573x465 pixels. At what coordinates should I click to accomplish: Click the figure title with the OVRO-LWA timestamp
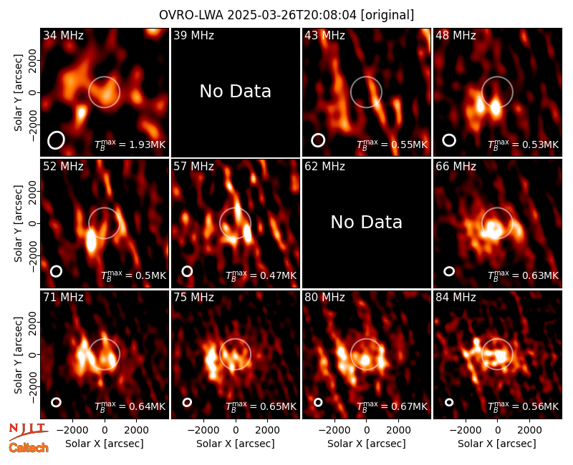286,15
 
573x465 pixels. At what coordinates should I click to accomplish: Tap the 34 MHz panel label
63,35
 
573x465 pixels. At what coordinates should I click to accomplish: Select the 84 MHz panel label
456,298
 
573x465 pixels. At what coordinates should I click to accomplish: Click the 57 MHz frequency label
193,167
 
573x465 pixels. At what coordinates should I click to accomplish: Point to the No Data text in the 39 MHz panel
236,92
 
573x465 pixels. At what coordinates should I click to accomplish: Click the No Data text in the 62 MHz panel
367,222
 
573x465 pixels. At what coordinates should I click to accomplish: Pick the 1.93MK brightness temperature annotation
130,145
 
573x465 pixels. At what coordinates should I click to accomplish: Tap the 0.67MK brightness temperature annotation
392,406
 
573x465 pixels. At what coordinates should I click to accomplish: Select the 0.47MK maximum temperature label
261,275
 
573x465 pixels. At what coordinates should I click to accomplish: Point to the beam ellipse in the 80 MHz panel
318,402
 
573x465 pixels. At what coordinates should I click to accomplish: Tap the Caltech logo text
29,448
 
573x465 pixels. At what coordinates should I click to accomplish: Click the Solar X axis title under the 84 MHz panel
497,444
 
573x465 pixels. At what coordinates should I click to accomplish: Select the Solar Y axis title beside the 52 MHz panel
18,223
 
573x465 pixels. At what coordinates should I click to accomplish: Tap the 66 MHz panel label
456,167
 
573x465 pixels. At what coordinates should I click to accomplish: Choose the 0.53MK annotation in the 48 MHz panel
524,145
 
